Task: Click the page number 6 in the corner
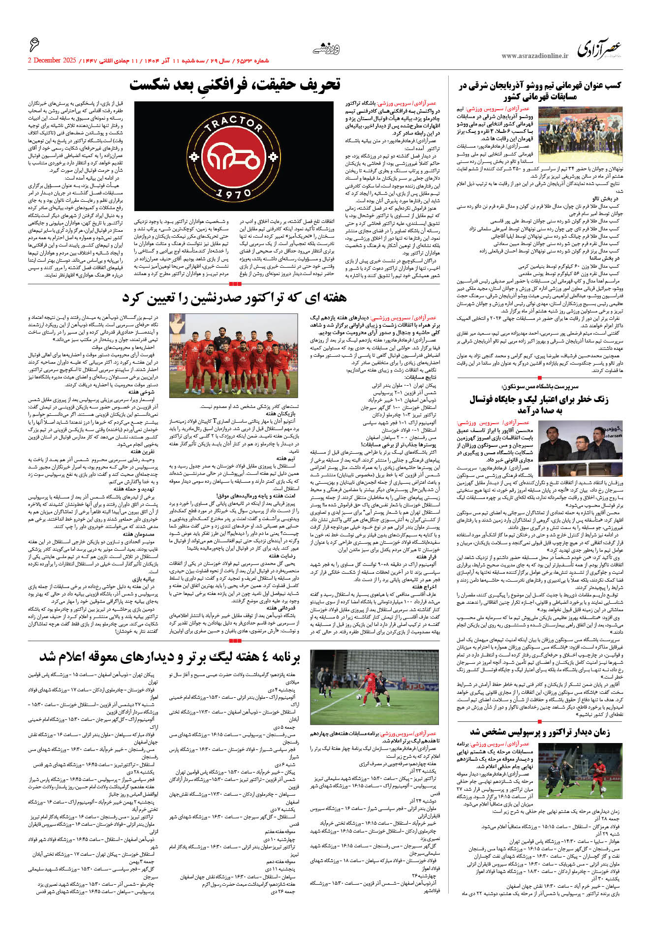tap(34, 45)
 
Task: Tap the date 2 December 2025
tap(52, 61)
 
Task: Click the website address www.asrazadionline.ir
tap(534, 56)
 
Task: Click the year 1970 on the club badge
tap(234, 193)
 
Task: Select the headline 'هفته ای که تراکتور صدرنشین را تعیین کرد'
tap(235, 298)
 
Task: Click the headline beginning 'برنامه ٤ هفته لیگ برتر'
tap(170, 657)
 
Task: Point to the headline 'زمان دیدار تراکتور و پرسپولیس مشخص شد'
tap(540, 732)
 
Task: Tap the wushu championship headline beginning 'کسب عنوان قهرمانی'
tap(540, 91)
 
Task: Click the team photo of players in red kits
tap(233, 355)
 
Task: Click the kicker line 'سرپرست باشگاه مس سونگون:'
tap(540, 387)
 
